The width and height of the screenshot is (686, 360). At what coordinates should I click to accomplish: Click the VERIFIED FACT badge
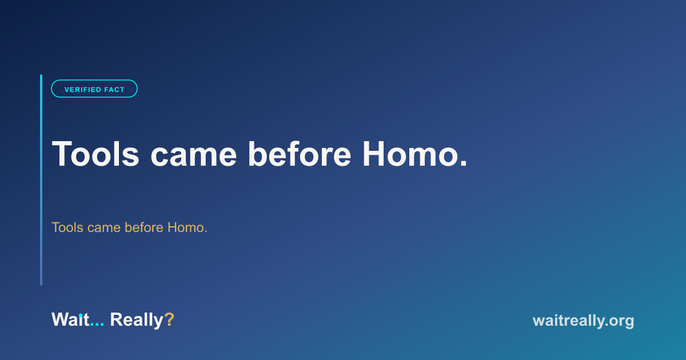coord(94,89)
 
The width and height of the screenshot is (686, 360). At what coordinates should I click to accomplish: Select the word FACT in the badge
coord(114,90)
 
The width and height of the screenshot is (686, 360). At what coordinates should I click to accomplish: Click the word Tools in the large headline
coord(95,154)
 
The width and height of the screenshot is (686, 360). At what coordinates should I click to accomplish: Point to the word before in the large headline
coord(299,154)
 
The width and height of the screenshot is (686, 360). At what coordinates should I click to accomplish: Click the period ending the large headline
coord(464,163)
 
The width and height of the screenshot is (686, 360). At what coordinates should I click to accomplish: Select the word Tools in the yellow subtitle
coord(67,227)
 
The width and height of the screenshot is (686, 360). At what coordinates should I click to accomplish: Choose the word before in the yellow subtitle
coord(144,227)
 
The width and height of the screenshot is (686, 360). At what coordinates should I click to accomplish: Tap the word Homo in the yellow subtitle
coord(185,227)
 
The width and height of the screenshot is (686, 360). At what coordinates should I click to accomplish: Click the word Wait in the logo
coord(70,319)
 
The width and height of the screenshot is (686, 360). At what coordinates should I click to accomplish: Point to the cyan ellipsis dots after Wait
coord(97,325)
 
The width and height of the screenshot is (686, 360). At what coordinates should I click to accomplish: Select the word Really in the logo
coord(137,321)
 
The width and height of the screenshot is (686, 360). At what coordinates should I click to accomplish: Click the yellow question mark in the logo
coord(169,319)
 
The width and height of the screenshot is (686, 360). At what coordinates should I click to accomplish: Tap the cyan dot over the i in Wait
coord(81,315)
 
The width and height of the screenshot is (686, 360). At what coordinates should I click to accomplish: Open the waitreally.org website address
coord(583,321)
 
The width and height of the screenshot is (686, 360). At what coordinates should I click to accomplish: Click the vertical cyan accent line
coord(41,180)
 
